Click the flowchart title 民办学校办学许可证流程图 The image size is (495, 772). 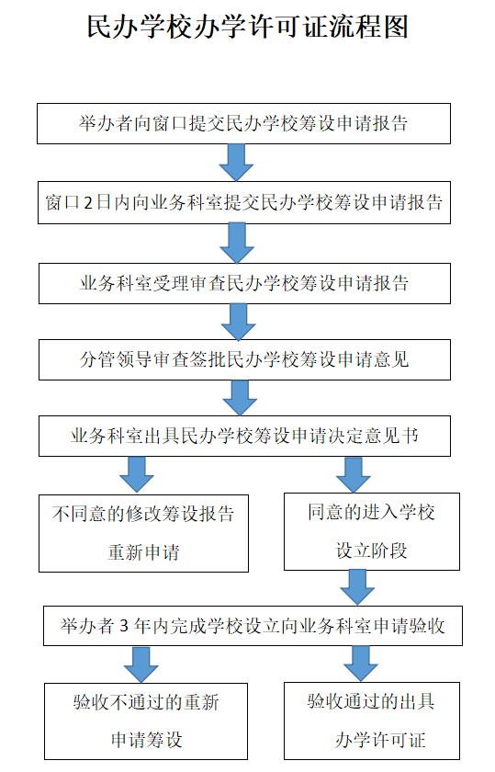[x=248, y=26]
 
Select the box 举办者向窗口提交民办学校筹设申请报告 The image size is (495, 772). [x=243, y=123]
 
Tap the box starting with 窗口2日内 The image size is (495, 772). [x=244, y=202]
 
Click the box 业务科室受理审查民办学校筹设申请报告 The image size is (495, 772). [x=244, y=283]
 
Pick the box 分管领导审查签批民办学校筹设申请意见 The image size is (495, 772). [x=244, y=359]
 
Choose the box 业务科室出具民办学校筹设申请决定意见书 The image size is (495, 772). [x=244, y=436]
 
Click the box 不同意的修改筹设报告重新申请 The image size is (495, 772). [x=143, y=533]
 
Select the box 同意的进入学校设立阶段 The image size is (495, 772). [x=372, y=532]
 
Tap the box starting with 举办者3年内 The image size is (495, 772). [x=253, y=626]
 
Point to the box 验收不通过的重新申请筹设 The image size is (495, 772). [x=146, y=721]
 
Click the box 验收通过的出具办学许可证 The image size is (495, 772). [x=372, y=721]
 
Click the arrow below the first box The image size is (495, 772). [x=236, y=163]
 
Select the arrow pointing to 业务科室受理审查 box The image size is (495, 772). [x=237, y=244]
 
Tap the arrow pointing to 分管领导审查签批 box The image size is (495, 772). [x=238, y=322]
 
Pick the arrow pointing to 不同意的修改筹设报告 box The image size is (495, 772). [x=137, y=475]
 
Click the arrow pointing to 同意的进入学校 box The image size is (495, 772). [x=354, y=474]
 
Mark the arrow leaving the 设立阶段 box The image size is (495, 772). [x=357, y=588]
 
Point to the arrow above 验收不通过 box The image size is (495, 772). [x=141, y=664]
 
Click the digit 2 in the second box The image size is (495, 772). [x=88, y=203]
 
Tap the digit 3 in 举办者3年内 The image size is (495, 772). [x=124, y=626]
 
